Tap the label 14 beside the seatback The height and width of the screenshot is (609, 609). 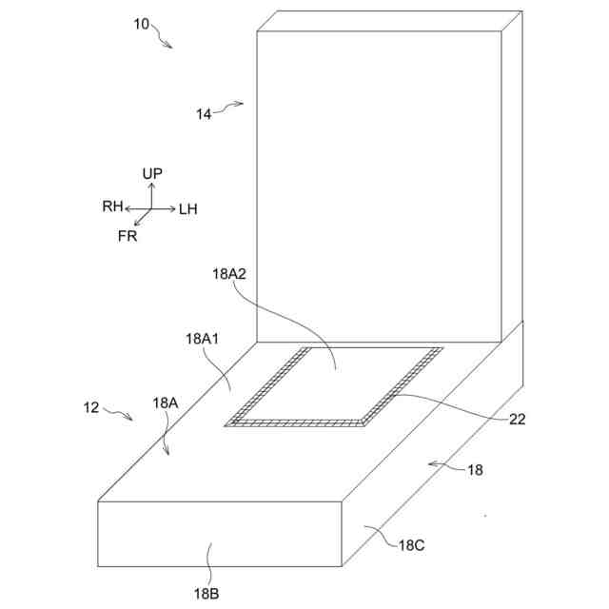[x=204, y=113]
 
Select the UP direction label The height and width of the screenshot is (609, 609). [x=151, y=173]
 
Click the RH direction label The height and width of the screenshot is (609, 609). [x=113, y=206]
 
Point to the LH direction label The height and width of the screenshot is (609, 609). [x=187, y=208]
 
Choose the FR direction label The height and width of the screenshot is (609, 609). [x=128, y=236]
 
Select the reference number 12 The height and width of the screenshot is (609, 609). [x=91, y=407]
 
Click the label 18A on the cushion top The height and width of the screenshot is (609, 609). [x=166, y=403]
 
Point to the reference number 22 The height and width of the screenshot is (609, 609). [x=518, y=419]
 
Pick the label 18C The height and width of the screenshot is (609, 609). [x=412, y=544]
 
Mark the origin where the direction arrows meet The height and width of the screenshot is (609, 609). [x=151, y=208]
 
